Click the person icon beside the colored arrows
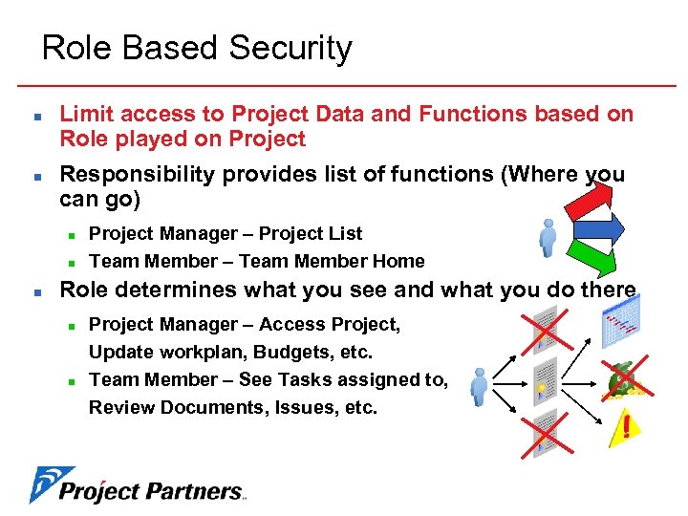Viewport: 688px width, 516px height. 548,237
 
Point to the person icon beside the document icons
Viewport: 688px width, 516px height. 478,386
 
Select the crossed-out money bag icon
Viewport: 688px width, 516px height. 626,378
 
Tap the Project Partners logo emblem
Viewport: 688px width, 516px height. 42,484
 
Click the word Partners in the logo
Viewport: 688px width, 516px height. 196,492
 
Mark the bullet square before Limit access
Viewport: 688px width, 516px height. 32,116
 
